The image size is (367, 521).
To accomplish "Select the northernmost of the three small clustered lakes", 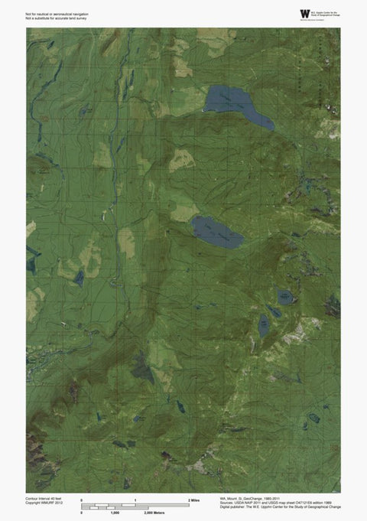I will pos(285,295).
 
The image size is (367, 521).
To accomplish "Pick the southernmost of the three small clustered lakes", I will pos(264,327).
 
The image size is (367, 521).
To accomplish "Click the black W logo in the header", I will pos(306,14).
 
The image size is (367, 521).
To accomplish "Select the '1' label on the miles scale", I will pos(135,500).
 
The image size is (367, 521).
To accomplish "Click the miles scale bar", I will pos(135,503).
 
